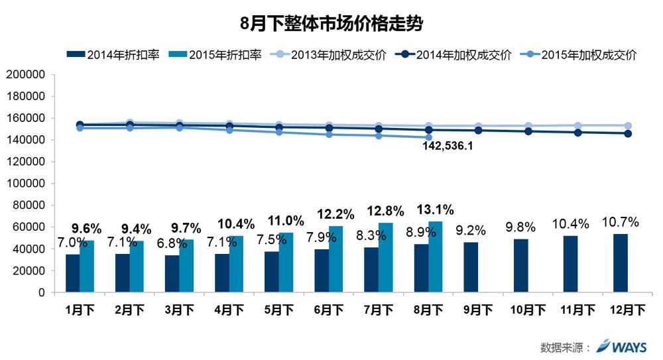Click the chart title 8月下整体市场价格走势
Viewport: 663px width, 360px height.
click(x=331, y=25)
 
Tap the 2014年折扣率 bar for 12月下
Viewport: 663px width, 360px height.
click(x=621, y=263)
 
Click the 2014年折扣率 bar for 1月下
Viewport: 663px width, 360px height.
click(x=73, y=273)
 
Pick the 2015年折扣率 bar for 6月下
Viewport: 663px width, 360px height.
click(x=336, y=259)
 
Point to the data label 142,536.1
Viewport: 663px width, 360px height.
click(x=448, y=146)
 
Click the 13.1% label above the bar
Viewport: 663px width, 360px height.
click(x=436, y=210)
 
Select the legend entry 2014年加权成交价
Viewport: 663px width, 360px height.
click(x=463, y=55)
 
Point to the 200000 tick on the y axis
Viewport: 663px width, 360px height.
click(x=25, y=75)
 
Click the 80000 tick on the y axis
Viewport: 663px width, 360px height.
click(x=27, y=206)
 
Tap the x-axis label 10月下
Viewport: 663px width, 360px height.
click(x=528, y=310)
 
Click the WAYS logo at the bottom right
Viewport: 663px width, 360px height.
click(x=623, y=345)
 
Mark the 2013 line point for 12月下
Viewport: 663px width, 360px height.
click(x=628, y=125)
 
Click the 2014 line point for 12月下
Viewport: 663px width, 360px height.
click(x=628, y=133)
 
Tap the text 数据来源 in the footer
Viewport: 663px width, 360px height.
click(x=562, y=347)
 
